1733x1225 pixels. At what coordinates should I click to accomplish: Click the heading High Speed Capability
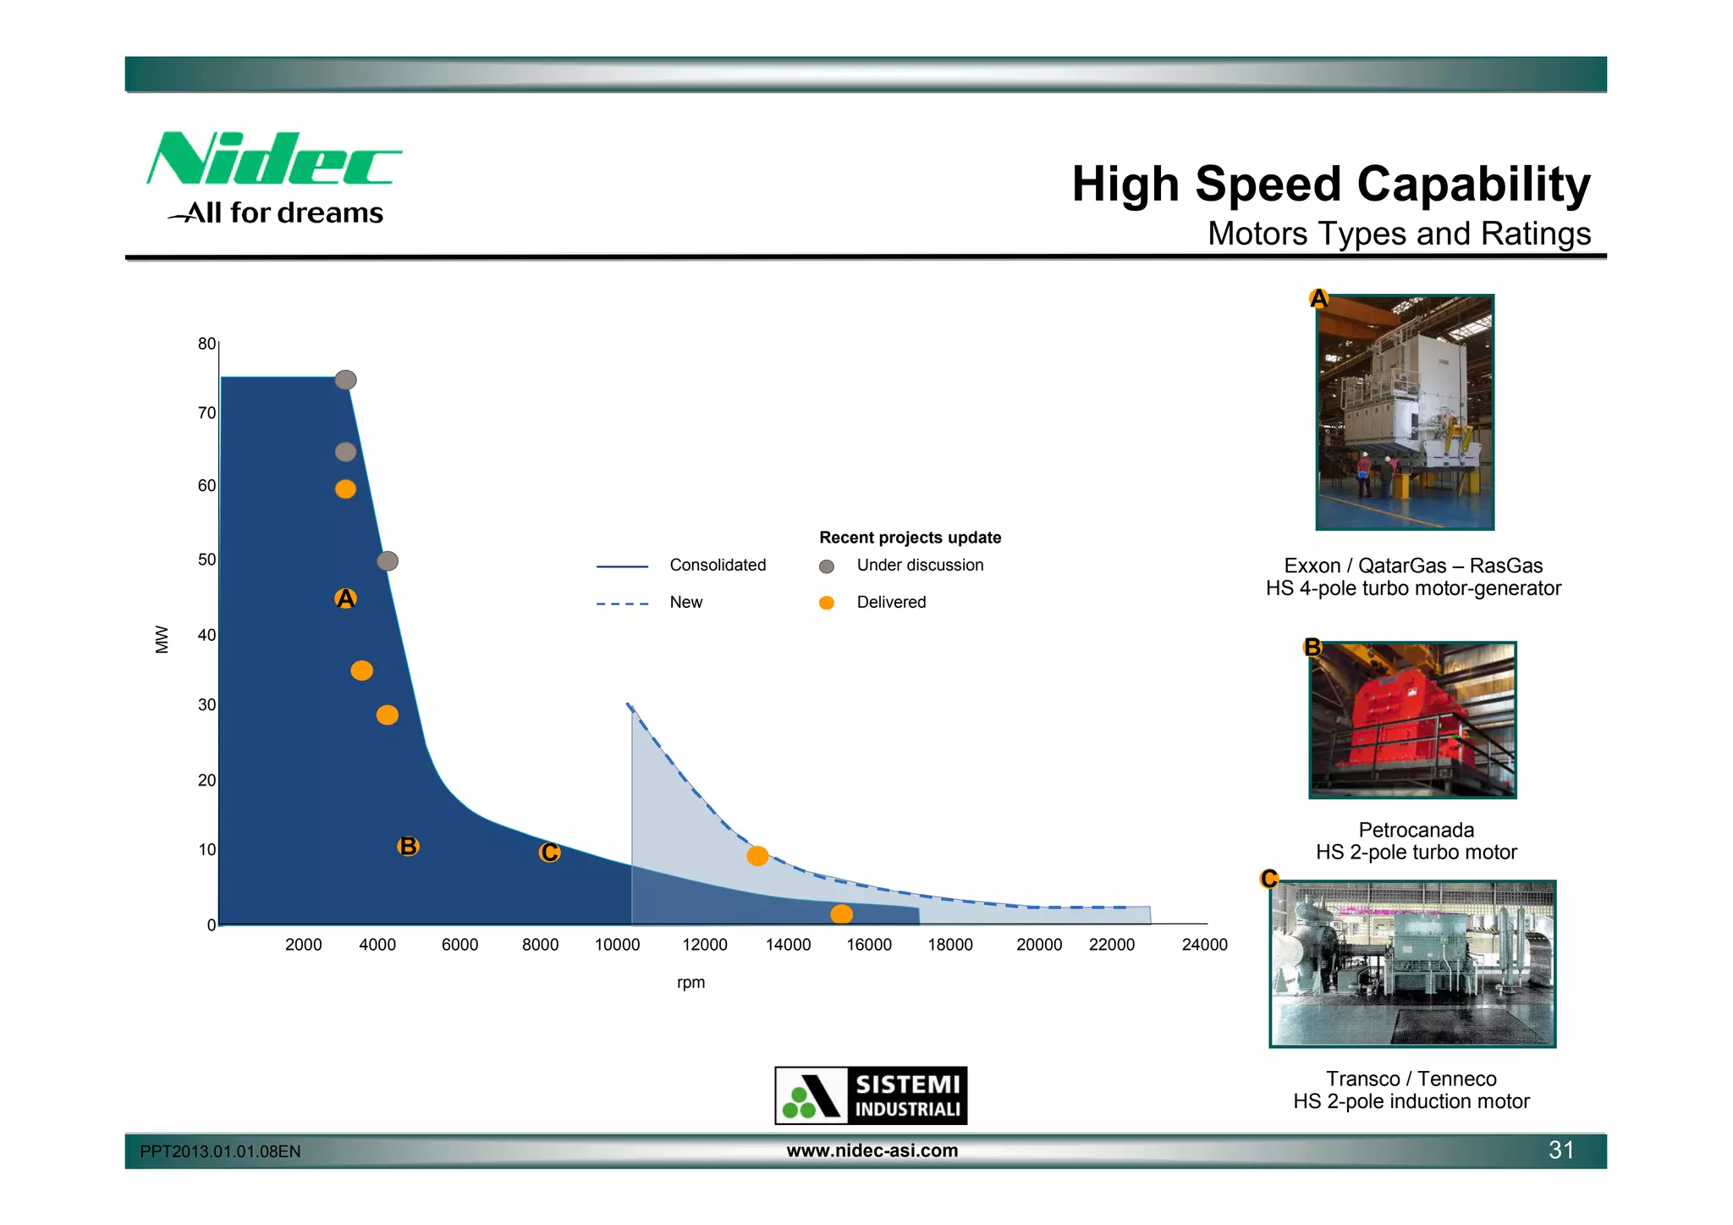click(1330, 185)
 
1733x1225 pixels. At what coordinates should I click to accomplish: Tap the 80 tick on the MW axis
click(206, 344)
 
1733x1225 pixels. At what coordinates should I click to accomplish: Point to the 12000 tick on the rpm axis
click(704, 945)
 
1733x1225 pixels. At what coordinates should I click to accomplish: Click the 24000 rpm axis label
click(1203, 945)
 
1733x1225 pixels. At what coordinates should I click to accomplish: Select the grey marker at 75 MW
click(345, 380)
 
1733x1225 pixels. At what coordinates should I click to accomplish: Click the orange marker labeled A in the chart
click(345, 599)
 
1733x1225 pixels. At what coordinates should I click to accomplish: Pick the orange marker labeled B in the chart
click(408, 846)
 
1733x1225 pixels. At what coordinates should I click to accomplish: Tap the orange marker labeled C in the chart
click(549, 853)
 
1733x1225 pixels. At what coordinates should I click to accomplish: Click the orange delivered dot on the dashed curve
click(757, 856)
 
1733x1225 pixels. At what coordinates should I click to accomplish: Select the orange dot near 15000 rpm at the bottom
click(841, 913)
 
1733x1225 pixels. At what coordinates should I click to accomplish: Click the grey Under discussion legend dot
click(827, 566)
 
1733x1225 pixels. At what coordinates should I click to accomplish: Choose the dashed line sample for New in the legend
click(622, 604)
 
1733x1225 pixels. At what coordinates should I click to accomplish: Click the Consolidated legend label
click(717, 566)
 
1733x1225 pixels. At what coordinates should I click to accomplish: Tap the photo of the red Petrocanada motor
click(1411, 720)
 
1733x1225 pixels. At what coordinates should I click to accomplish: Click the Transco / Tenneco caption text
click(1411, 1079)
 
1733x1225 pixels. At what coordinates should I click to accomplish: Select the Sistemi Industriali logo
click(871, 1095)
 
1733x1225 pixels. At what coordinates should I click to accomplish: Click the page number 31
click(1560, 1150)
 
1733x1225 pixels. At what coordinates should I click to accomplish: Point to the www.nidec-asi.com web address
click(872, 1151)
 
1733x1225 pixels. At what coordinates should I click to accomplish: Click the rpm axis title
click(690, 983)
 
